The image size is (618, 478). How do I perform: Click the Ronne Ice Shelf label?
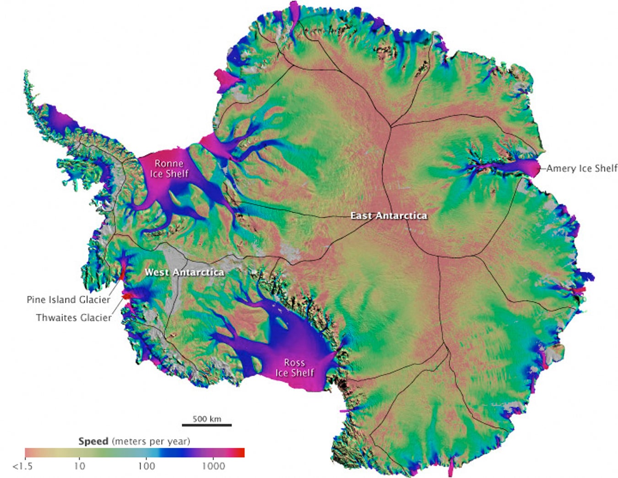point(169,168)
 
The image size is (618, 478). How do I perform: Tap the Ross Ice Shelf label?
point(294,368)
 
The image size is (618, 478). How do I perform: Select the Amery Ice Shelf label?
point(582,168)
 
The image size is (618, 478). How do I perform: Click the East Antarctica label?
point(389,216)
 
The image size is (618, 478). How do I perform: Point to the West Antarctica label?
point(184,272)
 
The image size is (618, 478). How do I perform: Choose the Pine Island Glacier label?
point(68,300)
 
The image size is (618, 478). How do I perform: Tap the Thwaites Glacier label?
point(74,318)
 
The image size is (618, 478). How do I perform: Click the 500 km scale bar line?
point(206,425)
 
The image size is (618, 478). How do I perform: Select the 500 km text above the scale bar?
point(206,418)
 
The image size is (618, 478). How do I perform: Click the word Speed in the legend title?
point(93,441)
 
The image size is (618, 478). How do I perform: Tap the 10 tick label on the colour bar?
point(79,467)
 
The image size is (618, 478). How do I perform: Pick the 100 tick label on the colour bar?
point(146,467)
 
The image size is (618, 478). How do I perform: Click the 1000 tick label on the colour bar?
point(213,467)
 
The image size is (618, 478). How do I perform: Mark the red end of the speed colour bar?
point(240,453)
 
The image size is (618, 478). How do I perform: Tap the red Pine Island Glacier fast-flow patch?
point(122,274)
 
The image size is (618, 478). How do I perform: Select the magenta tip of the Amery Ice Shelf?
point(533,168)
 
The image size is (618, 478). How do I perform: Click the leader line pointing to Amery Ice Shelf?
point(543,168)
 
